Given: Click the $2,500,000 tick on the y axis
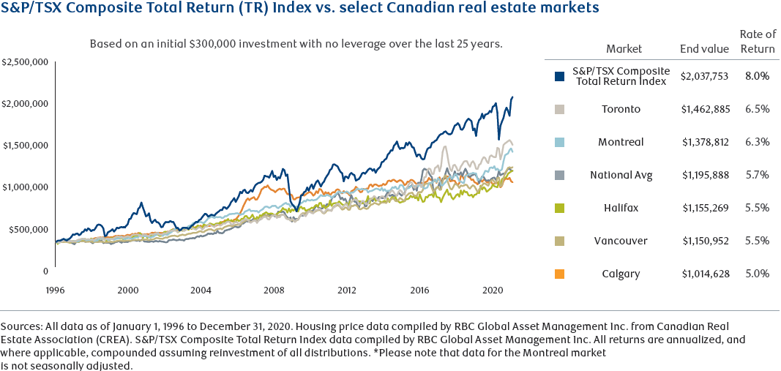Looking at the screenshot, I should coord(24,61).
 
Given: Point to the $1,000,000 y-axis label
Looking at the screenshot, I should coord(24,187).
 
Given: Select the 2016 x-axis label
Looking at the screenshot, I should coord(419,290).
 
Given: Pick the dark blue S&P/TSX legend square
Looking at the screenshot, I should coord(560,76).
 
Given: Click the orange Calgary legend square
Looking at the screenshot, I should coord(560,274).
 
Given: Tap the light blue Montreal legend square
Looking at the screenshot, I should coord(560,142).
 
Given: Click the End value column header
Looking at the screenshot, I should coord(705,49).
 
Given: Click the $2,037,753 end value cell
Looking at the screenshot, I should coord(705,76).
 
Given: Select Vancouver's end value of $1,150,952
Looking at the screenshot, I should coord(705,241).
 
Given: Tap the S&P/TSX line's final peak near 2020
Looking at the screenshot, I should coord(512,97).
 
